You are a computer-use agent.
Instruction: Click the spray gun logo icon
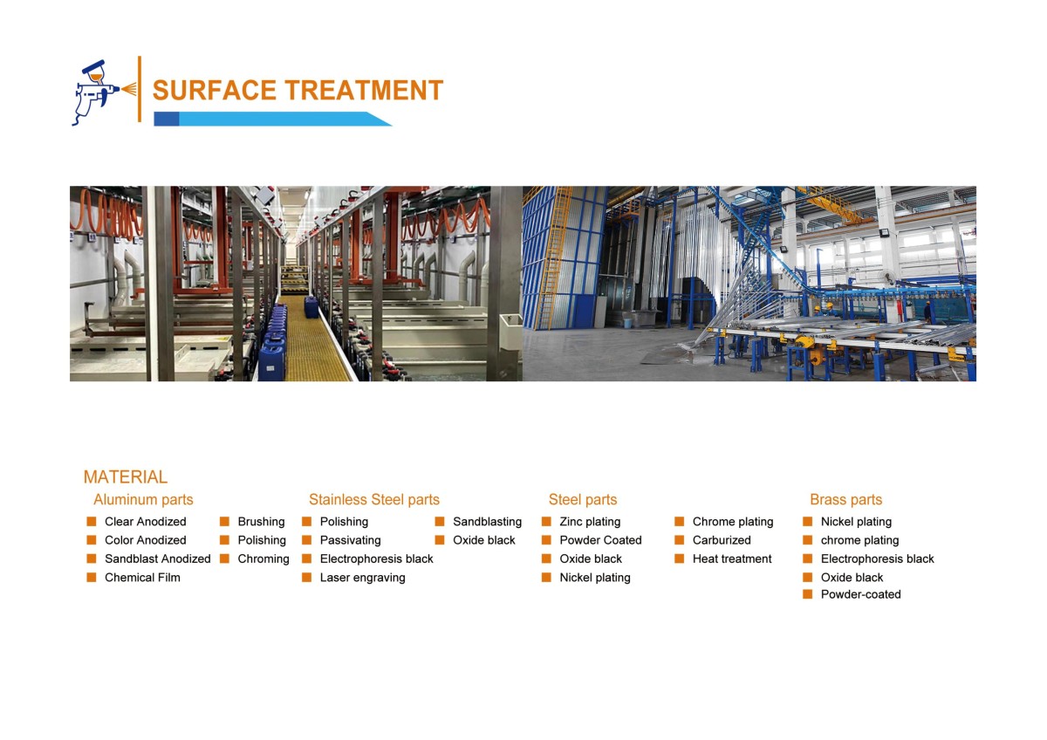tap(97, 91)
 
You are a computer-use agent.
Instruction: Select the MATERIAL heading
tap(125, 477)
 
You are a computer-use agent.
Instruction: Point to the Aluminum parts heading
tap(143, 500)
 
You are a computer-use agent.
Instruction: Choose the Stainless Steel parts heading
tap(373, 500)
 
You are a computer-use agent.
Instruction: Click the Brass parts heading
tap(845, 500)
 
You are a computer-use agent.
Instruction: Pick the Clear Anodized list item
tap(145, 522)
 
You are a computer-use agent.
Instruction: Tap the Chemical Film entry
tap(142, 578)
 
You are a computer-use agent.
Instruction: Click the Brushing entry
tap(261, 522)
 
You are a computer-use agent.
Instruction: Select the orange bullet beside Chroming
tap(224, 558)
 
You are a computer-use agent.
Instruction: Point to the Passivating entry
tap(350, 540)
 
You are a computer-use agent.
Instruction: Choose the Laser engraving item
tap(362, 578)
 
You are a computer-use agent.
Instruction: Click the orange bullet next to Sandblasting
tap(440, 522)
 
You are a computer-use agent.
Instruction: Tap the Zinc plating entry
tap(590, 522)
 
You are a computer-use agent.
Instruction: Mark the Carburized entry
tap(722, 540)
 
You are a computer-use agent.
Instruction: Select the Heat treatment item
tap(732, 558)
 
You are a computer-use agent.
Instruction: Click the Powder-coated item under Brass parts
tap(860, 594)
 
